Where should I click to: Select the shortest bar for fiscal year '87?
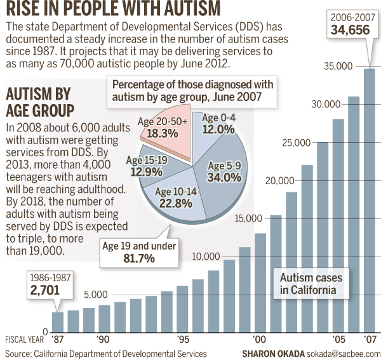(x=58, y=321)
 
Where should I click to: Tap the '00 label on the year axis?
(x=259, y=339)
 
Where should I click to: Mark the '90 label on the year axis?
(x=104, y=339)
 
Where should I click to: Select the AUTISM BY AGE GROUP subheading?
(x=40, y=100)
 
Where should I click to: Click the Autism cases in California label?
(x=312, y=284)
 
